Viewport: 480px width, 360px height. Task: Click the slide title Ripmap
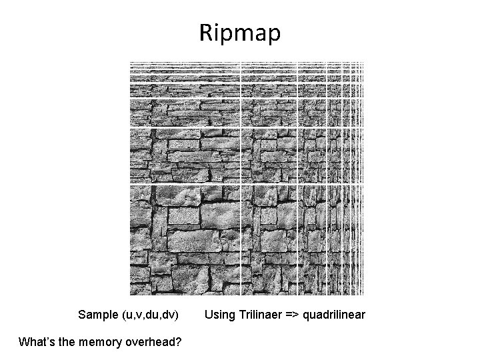click(240, 33)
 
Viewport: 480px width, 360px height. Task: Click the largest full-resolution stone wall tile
click(184, 239)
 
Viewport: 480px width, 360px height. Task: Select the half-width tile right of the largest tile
click(269, 239)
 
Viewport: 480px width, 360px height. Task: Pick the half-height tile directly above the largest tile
click(184, 154)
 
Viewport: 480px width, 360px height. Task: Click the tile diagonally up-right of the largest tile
click(269, 154)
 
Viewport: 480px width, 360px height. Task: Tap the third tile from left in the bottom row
click(313, 239)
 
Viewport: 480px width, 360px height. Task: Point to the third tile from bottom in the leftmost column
click(184, 111)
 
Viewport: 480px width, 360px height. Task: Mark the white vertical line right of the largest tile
click(240, 239)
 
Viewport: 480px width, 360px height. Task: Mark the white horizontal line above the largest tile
click(184, 183)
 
